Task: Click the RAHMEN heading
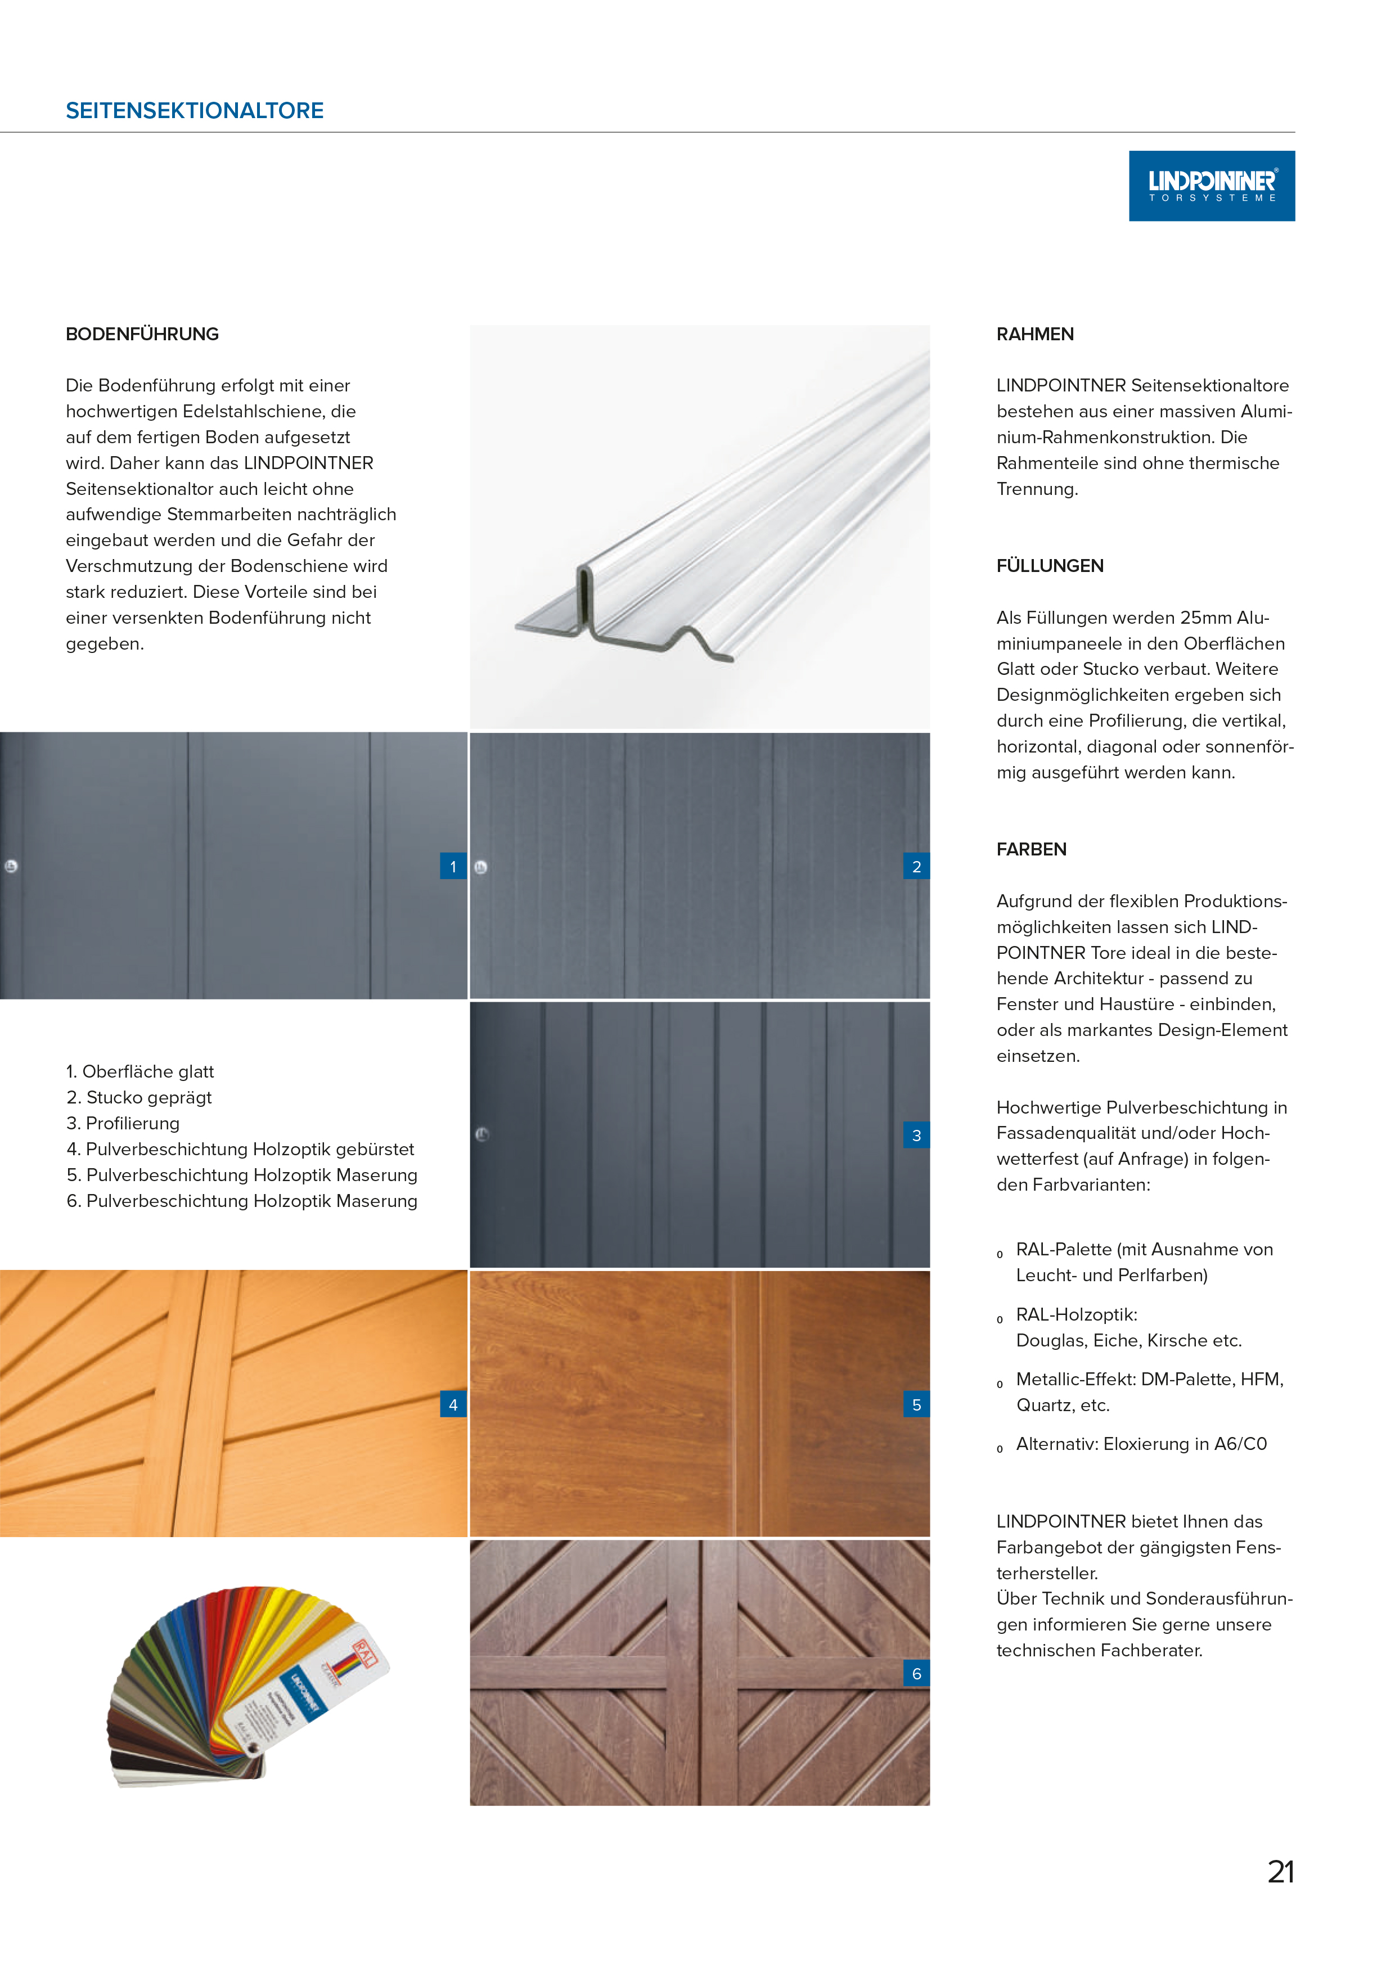tap(1035, 334)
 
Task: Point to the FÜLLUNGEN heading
tap(1050, 565)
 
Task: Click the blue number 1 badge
tap(453, 866)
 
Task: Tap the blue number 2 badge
tap(916, 866)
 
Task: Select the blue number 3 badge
tap(916, 1135)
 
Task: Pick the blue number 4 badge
tap(453, 1405)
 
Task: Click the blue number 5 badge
tap(916, 1405)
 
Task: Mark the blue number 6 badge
tap(916, 1674)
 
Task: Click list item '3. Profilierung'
tap(123, 1123)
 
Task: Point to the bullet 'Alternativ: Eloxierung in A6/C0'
tap(1141, 1444)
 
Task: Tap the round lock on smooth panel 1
tap(11, 866)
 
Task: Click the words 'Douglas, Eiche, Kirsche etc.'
tap(1128, 1340)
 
